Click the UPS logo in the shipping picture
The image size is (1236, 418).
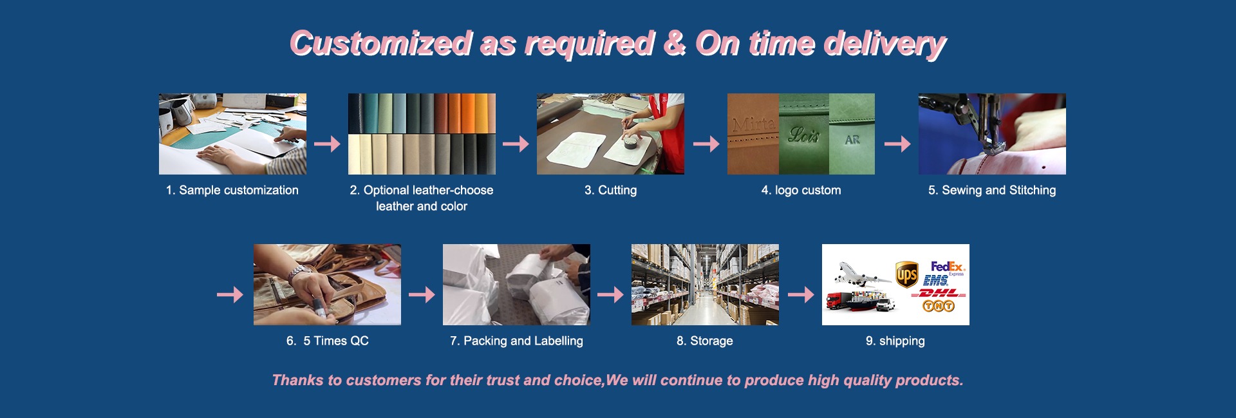[906, 274]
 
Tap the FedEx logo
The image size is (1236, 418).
[948, 267]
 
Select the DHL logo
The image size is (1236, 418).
[941, 293]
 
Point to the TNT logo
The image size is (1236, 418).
[938, 306]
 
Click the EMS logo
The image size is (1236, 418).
[935, 281]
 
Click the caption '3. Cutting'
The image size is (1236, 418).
[610, 190]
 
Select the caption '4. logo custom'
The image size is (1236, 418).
[801, 190]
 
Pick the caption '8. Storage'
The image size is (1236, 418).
[704, 341]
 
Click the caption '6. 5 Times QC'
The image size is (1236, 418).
[327, 341]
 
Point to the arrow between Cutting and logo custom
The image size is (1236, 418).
[706, 144]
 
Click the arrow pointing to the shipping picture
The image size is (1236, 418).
[801, 294]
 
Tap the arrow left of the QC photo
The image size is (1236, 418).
[230, 294]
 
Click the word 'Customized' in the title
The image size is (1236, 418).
[381, 44]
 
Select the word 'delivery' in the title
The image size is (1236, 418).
[885, 45]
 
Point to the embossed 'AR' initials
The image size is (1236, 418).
[852, 139]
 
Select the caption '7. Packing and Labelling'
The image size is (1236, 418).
[516, 341]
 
